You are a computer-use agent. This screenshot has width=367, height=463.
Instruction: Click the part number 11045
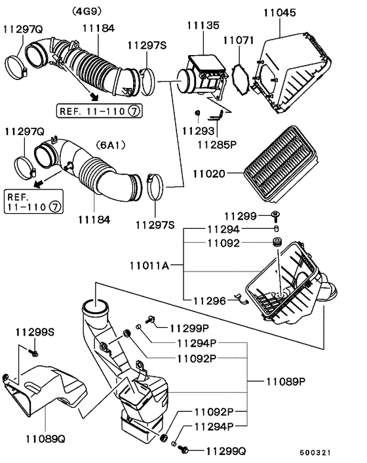(x=279, y=12)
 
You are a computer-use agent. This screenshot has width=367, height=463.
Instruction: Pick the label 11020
(x=208, y=174)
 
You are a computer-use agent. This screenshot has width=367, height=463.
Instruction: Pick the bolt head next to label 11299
(x=275, y=215)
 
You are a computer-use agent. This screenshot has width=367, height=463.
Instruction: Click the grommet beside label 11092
(x=275, y=244)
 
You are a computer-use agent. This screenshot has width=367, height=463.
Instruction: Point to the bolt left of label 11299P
(x=151, y=319)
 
